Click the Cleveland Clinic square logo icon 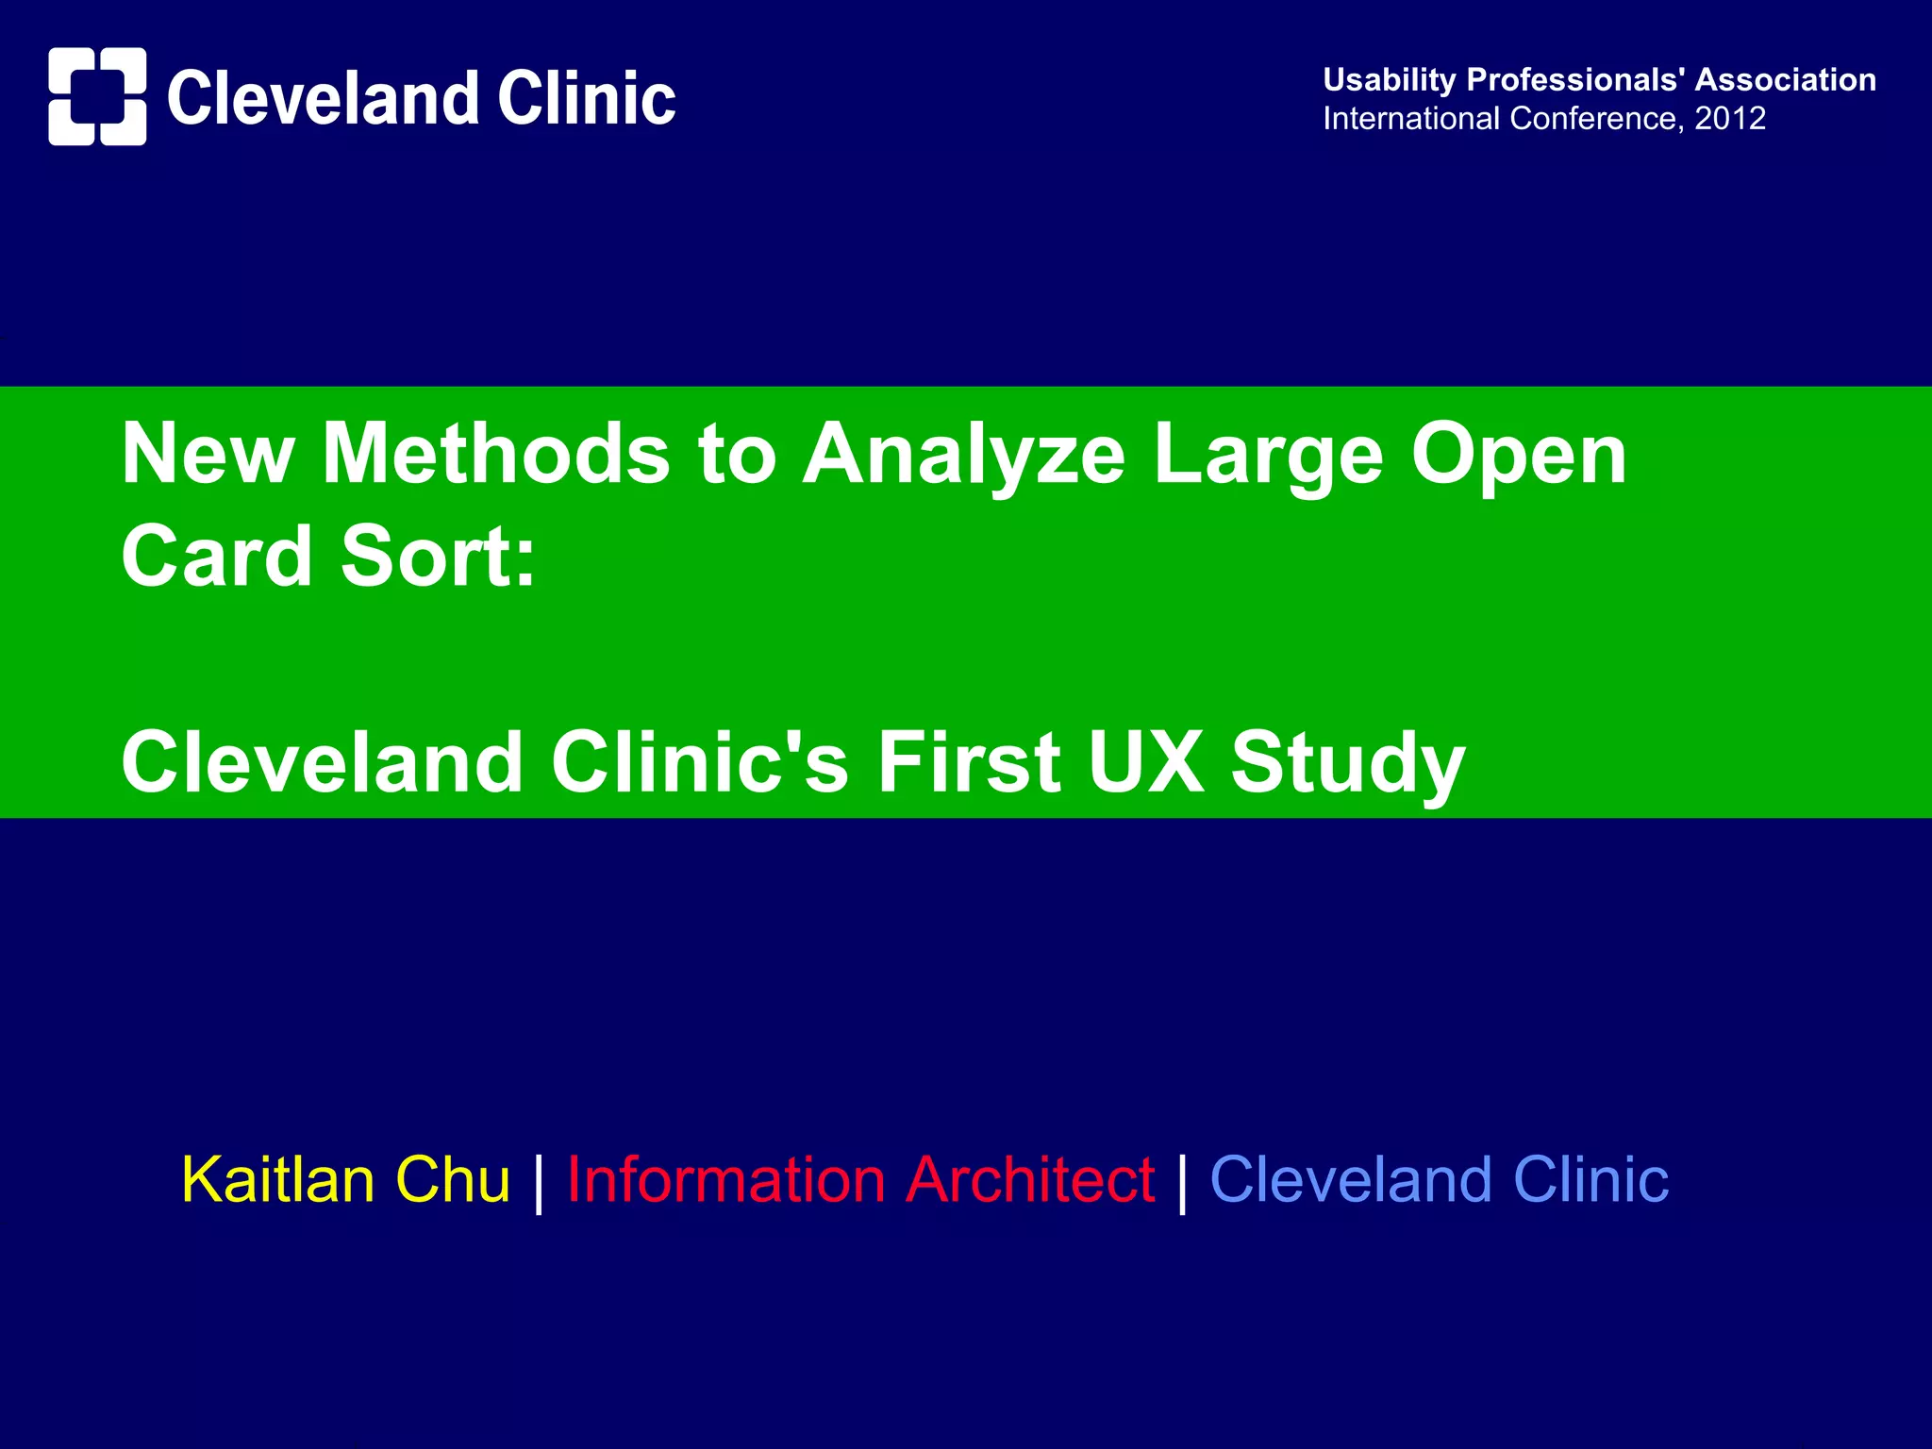tap(97, 96)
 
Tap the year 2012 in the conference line tap(1729, 119)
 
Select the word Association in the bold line tap(1785, 80)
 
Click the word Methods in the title tap(496, 454)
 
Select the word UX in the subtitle tap(1146, 761)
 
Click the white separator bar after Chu tap(539, 1182)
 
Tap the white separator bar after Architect tap(1182, 1182)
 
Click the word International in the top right tap(1410, 119)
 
